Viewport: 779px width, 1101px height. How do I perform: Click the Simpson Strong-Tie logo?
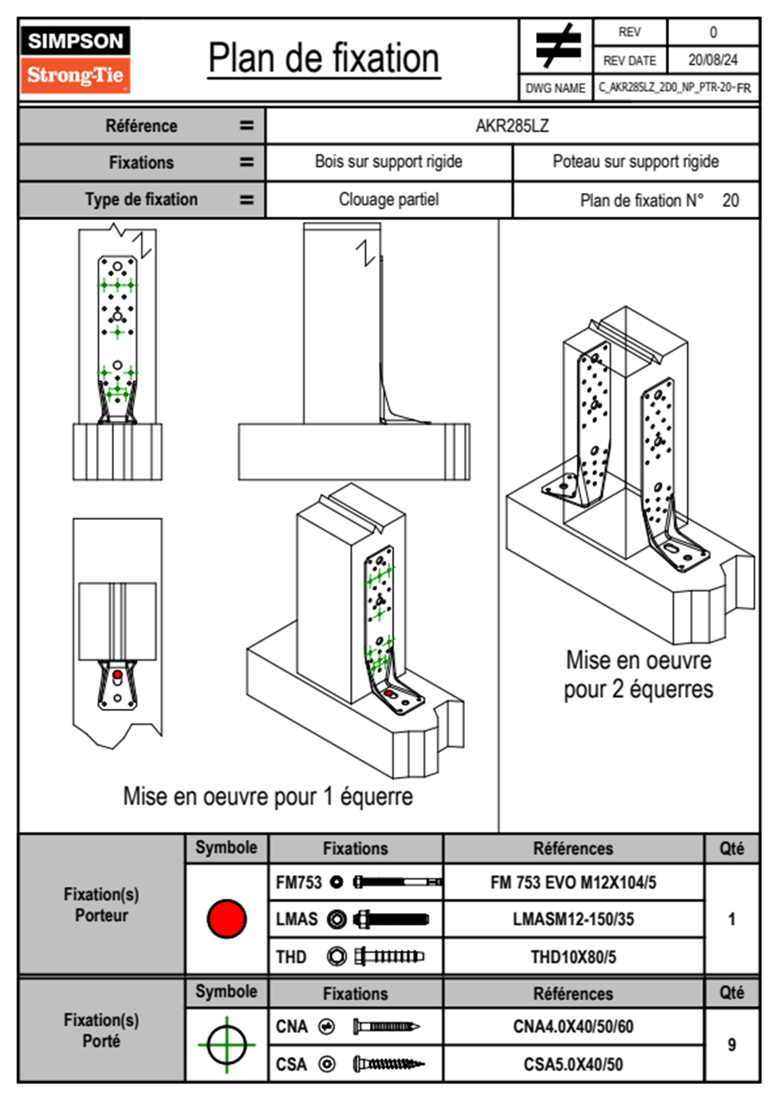[x=75, y=60]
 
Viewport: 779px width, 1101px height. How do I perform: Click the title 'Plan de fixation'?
[x=323, y=59]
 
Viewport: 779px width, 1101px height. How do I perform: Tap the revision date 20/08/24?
[x=712, y=60]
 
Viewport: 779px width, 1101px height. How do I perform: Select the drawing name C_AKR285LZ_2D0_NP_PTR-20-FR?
[x=674, y=88]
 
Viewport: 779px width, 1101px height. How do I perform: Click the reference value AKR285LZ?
[x=512, y=126]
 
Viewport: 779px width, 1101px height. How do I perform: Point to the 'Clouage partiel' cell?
[x=388, y=200]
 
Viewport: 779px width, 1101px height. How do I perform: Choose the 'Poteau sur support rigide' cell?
[x=635, y=162]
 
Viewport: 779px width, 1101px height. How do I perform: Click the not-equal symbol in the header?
[x=557, y=46]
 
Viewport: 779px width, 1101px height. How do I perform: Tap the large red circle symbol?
[x=226, y=918]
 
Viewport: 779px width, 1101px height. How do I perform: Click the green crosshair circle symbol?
[x=226, y=1045]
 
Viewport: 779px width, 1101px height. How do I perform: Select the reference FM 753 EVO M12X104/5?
[x=573, y=882]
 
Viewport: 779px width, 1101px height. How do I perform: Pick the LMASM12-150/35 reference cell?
[x=573, y=919]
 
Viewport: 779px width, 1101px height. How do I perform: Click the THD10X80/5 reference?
[x=573, y=957]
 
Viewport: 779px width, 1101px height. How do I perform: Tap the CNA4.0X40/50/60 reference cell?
[x=573, y=1026]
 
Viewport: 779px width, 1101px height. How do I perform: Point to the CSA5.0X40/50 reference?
[x=573, y=1064]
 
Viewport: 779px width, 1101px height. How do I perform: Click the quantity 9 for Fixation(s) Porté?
[x=731, y=1045]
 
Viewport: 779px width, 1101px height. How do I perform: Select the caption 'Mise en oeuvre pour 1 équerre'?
[x=268, y=797]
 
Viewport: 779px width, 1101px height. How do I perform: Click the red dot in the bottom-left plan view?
[x=117, y=674]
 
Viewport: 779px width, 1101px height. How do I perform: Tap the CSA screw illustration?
[x=388, y=1064]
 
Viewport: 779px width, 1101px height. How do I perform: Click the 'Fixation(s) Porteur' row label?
[x=101, y=905]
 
